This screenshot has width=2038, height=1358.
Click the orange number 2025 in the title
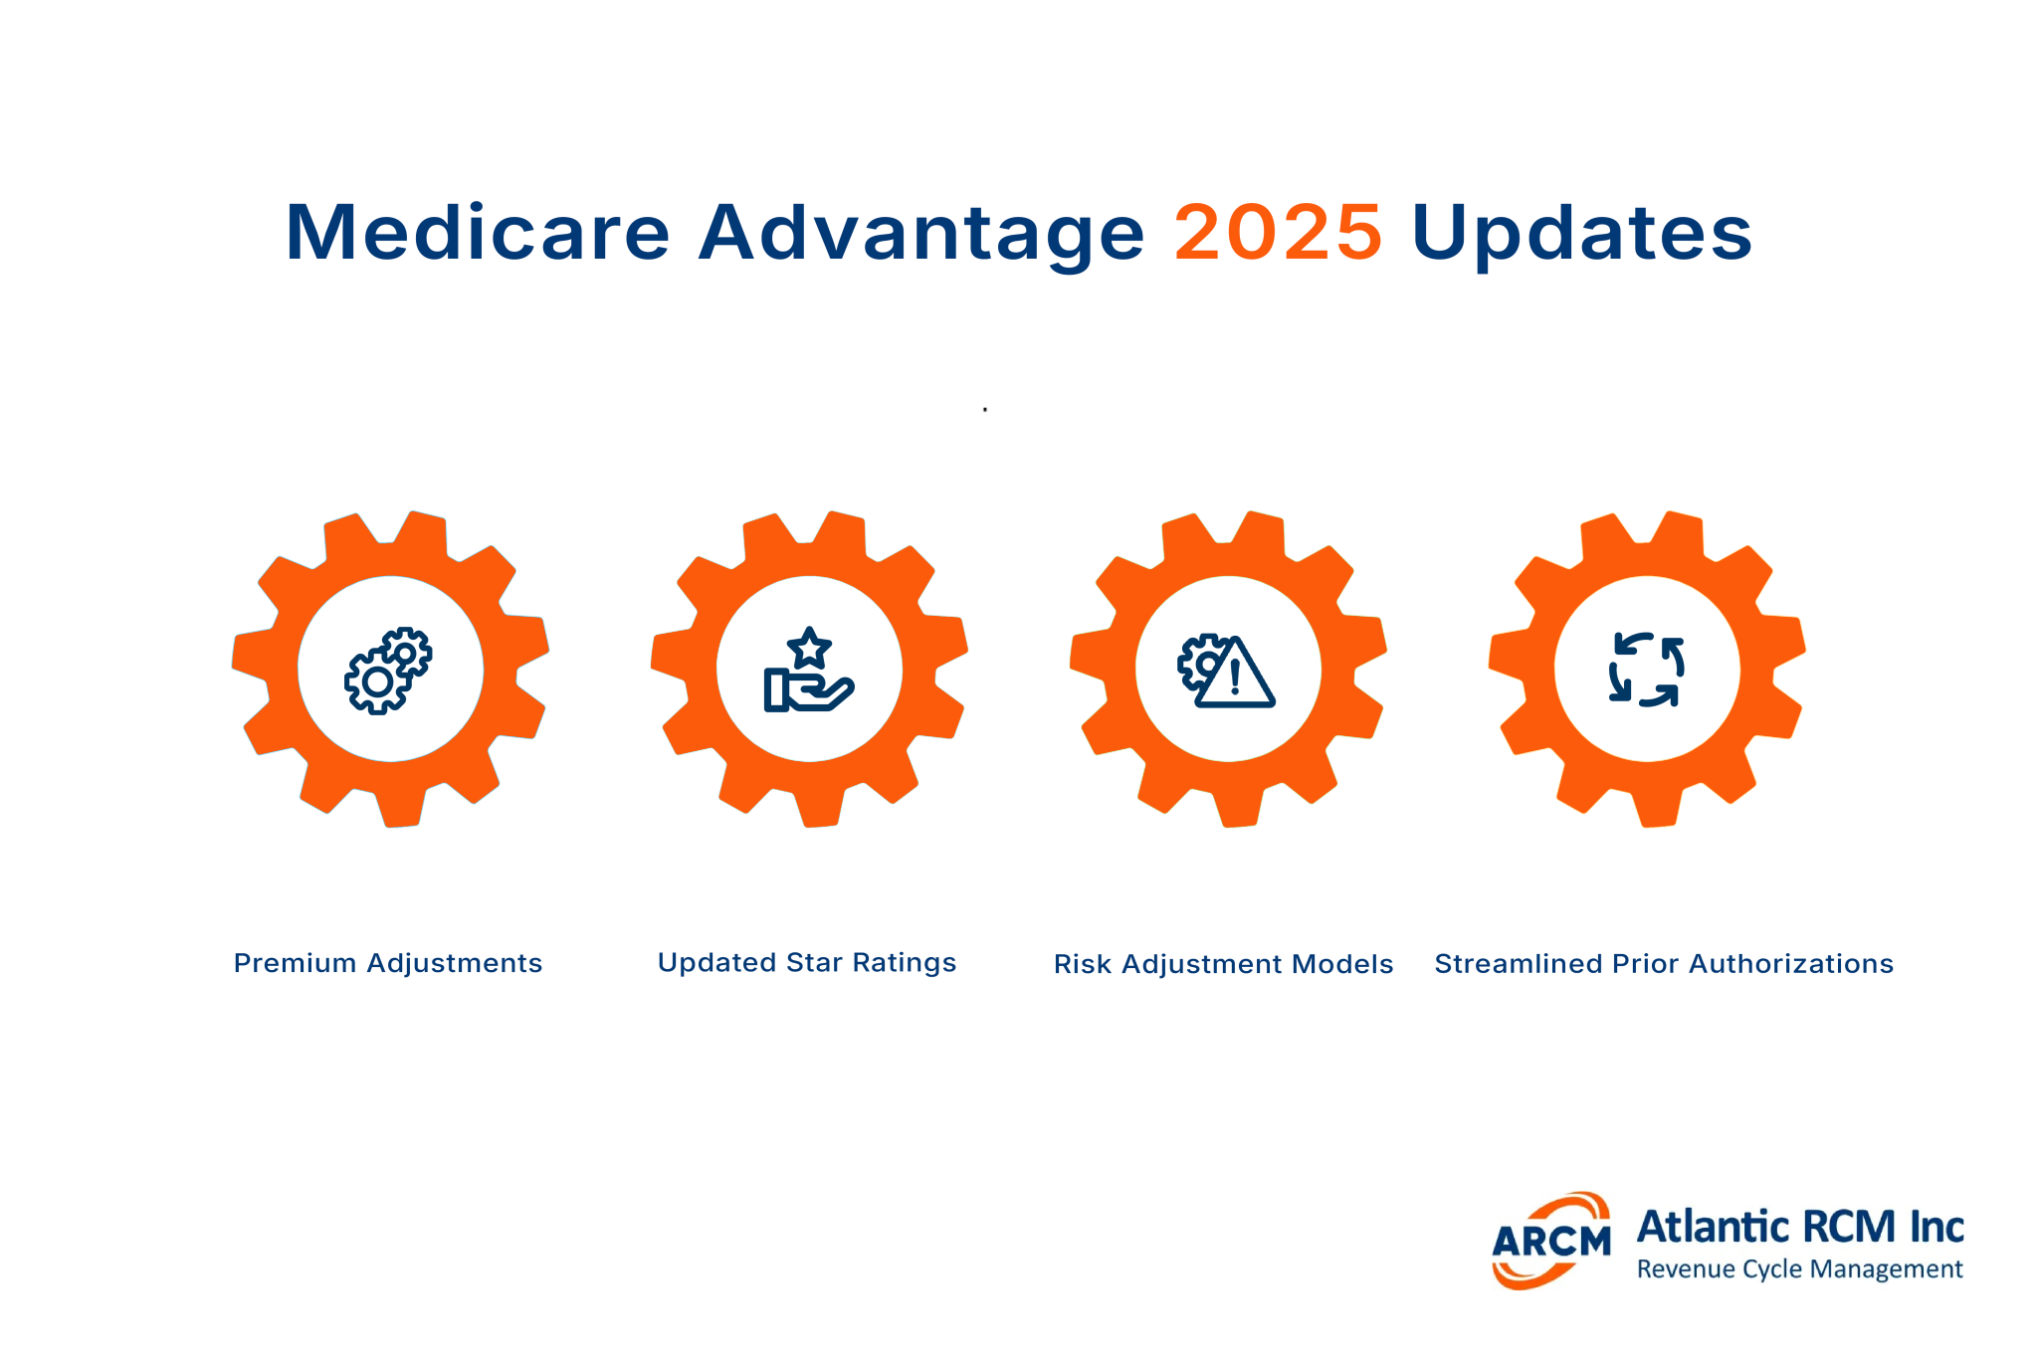pos(1278,233)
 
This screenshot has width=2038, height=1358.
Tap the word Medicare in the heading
pos(478,233)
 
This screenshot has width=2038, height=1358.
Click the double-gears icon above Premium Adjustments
pos(388,670)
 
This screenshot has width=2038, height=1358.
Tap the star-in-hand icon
pos(808,672)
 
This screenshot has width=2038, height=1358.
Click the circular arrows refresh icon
pos(1647,670)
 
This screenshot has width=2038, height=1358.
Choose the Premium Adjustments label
pos(388,963)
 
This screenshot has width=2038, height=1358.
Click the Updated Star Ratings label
pos(807,962)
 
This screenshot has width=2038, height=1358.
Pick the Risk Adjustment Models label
pos(1223,964)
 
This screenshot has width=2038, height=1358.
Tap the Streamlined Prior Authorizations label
pos(1664,963)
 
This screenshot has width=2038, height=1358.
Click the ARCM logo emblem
pos(1550,1241)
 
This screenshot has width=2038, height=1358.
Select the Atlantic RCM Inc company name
pos(1800,1227)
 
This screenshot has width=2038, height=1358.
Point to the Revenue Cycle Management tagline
pos(1799,1269)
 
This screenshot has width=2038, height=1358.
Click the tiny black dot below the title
pos(985,410)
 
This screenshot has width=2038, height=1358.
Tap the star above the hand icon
pos(809,648)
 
